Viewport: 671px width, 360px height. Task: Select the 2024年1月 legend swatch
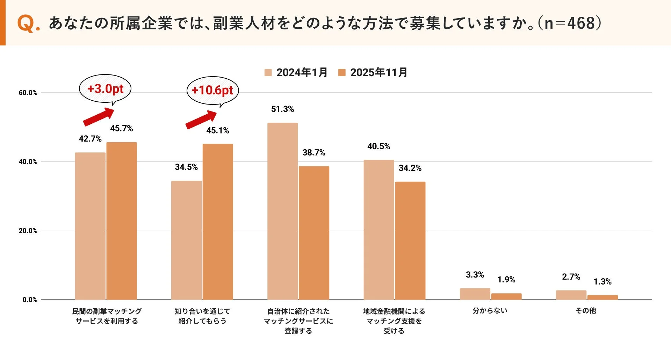pyautogui.click(x=268, y=73)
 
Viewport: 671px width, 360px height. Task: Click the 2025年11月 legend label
pyautogui.click(x=379, y=73)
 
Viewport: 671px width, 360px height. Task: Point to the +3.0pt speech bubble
pyautogui.click(x=105, y=89)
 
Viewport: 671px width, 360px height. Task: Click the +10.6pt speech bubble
pyautogui.click(x=212, y=90)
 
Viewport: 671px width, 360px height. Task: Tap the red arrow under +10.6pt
pyautogui.click(x=201, y=120)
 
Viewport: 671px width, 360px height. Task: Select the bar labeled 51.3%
pyautogui.click(x=282, y=211)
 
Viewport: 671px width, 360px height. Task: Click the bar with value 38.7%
pyautogui.click(x=314, y=233)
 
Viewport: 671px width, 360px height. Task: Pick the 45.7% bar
pyautogui.click(x=122, y=221)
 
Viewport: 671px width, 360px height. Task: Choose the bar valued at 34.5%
pyautogui.click(x=186, y=240)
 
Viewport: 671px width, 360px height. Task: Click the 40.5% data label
pyautogui.click(x=378, y=146)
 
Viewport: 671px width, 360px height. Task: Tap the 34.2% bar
pyautogui.click(x=410, y=240)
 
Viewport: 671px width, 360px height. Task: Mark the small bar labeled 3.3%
pyautogui.click(x=475, y=294)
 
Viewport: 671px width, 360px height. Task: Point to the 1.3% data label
pyautogui.click(x=603, y=282)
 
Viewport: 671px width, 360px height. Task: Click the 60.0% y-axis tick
pyautogui.click(x=28, y=93)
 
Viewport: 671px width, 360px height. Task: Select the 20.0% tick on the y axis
pyautogui.click(x=28, y=231)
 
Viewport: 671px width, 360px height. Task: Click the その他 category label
pyautogui.click(x=586, y=310)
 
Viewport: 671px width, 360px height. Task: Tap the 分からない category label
pyautogui.click(x=490, y=310)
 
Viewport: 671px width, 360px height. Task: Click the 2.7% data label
pyautogui.click(x=571, y=277)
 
